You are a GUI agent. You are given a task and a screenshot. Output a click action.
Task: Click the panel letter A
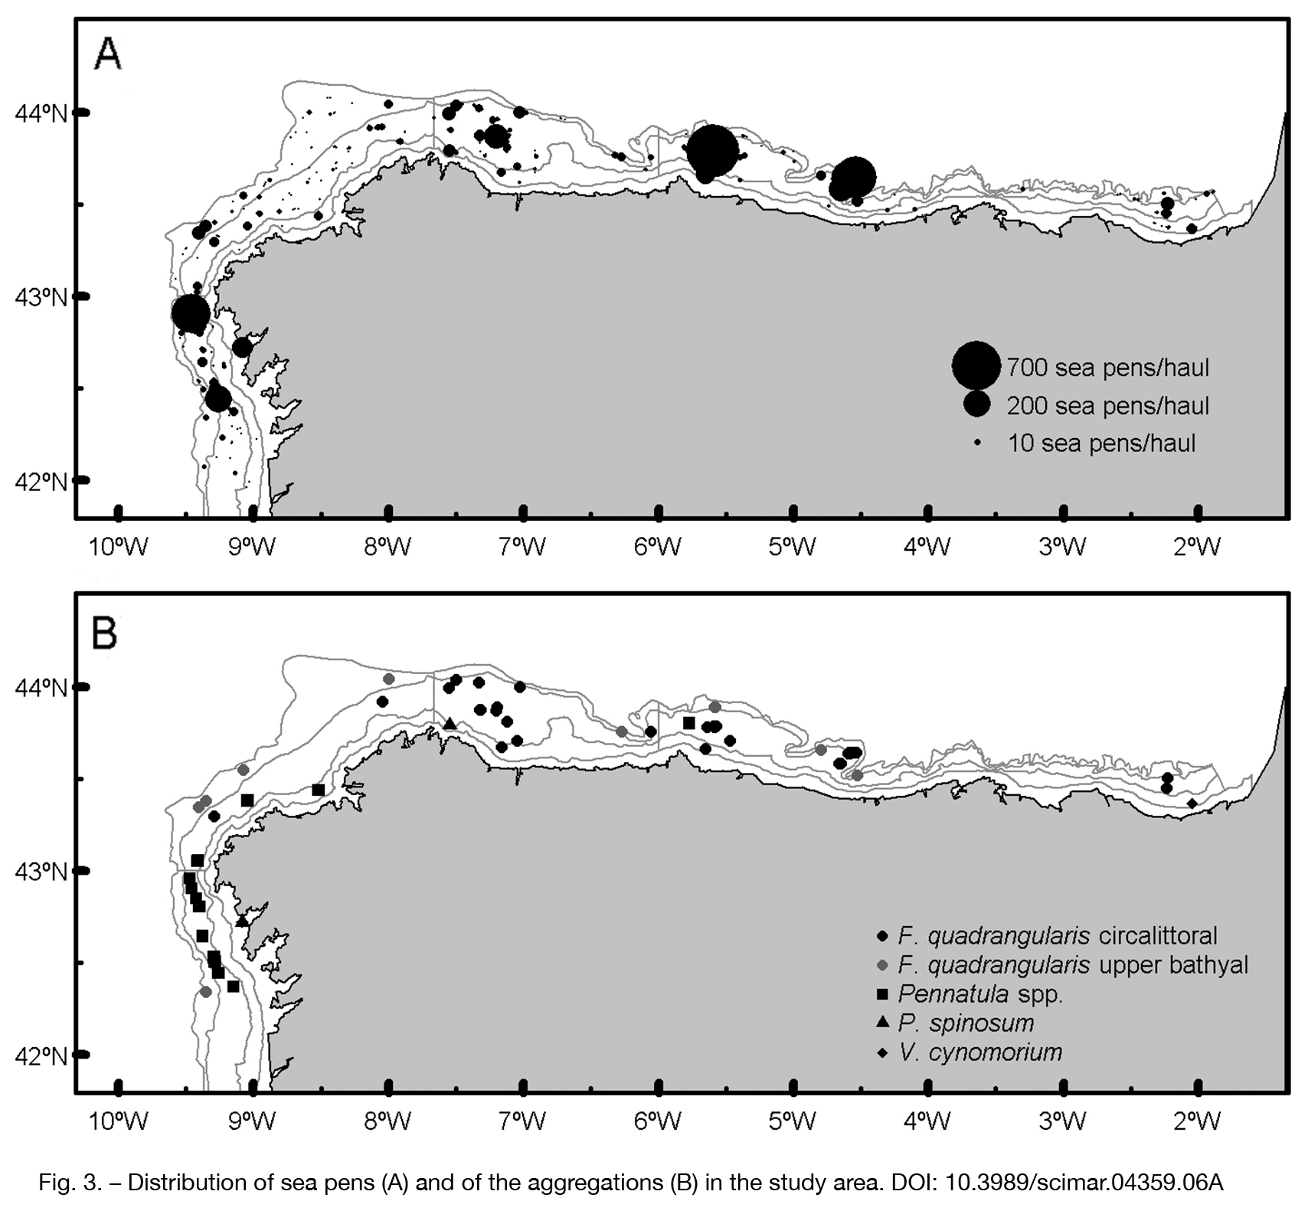click(x=108, y=54)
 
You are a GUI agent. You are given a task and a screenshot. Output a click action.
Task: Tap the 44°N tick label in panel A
click(x=41, y=113)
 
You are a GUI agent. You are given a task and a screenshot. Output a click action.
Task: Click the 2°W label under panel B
click(x=1198, y=1121)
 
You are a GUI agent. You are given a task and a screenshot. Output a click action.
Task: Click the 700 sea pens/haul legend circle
click(x=976, y=366)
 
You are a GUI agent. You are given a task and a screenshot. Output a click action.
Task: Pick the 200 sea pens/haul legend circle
click(x=977, y=404)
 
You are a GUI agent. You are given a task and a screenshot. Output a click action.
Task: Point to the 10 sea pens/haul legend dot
click(x=977, y=443)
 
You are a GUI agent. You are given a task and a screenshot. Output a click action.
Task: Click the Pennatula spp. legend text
click(x=981, y=994)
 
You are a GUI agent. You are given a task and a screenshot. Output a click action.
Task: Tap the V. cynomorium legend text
click(x=981, y=1052)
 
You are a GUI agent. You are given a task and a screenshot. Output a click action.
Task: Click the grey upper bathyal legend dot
click(x=883, y=964)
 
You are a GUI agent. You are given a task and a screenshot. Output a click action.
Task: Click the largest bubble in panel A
click(x=712, y=151)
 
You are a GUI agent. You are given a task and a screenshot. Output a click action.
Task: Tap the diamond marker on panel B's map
click(x=1192, y=803)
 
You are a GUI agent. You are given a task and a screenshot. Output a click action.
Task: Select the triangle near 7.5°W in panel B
click(x=450, y=723)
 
